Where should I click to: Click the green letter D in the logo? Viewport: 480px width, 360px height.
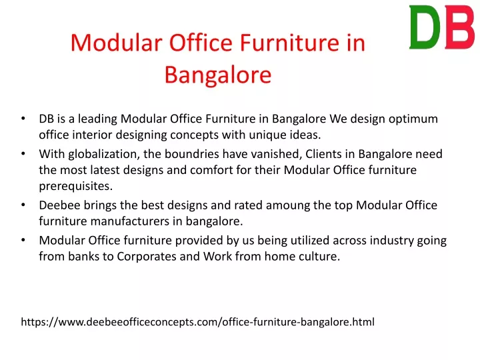424,27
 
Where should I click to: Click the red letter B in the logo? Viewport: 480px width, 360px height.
460,27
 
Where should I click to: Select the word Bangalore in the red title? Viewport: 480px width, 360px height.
218,75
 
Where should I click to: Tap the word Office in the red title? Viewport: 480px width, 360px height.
201,42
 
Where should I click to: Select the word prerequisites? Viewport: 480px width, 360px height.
75,187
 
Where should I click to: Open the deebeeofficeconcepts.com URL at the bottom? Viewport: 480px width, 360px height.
198,322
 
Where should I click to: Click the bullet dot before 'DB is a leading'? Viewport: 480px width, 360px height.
23,119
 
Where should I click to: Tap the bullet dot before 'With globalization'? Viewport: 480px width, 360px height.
23,154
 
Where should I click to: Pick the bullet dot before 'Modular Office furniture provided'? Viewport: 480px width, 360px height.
23,241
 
